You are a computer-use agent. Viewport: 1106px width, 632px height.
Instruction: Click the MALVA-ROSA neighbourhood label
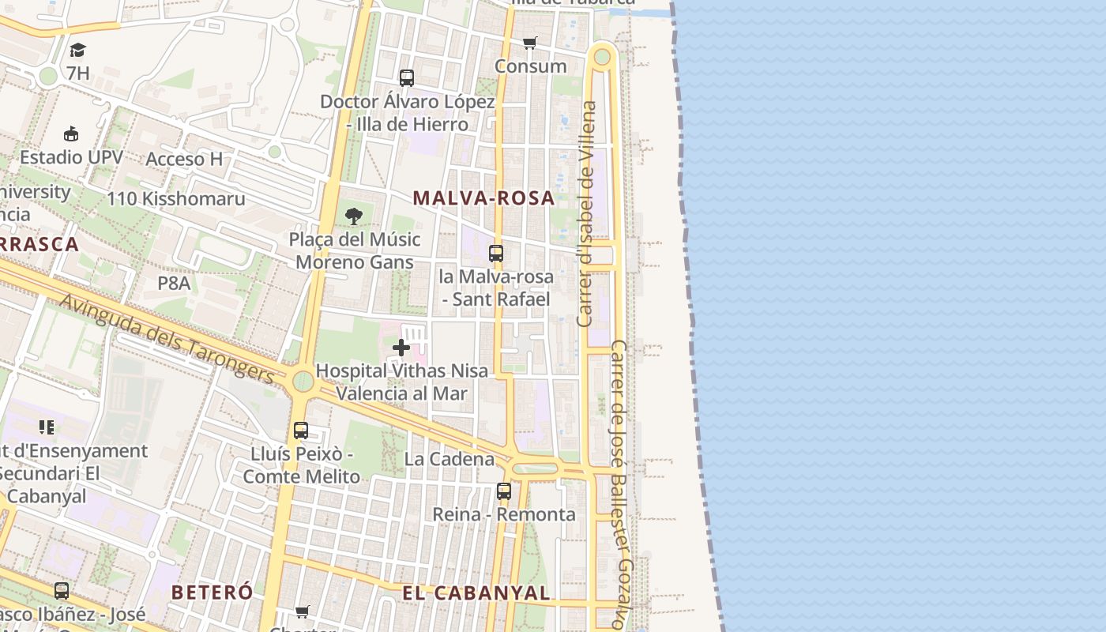click(x=483, y=198)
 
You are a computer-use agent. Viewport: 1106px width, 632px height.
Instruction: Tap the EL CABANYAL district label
click(x=476, y=593)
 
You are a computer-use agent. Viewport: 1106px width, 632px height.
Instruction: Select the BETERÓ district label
click(x=212, y=592)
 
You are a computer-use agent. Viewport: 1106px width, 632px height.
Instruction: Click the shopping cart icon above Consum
click(x=529, y=43)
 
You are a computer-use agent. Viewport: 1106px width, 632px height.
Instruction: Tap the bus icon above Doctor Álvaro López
click(x=407, y=77)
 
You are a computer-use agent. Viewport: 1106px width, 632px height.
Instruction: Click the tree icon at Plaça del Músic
click(x=354, y=216)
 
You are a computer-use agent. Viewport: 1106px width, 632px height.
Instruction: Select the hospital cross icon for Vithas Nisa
click(x=401, y=347)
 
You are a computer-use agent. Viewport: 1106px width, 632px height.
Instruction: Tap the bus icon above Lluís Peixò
click(x=301, y=431)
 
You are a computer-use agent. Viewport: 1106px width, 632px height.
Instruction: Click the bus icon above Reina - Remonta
click(x=504, y=491)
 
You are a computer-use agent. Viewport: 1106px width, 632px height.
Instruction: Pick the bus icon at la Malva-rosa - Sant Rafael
click(x=496, y=254)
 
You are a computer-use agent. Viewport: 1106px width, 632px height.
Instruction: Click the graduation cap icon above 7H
click(x=77, y=51)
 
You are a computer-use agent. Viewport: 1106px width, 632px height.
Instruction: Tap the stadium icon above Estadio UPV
click(x=71, y=134)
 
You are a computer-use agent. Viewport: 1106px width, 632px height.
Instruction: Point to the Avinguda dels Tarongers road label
click(x=167, y=340)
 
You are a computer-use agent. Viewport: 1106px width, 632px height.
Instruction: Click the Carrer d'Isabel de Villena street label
click(x=586, y=213)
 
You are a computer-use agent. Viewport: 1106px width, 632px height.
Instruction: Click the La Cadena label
click(x=449, y=459)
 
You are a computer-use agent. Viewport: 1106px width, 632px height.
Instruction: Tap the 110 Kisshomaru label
click(x=176, y=199)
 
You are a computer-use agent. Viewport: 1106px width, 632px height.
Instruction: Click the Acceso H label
click(x=184, y=160)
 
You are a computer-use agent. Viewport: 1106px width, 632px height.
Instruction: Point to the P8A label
click(x=174, y=282)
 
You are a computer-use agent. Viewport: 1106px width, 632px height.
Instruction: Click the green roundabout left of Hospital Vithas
click(x=303, y=382)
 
